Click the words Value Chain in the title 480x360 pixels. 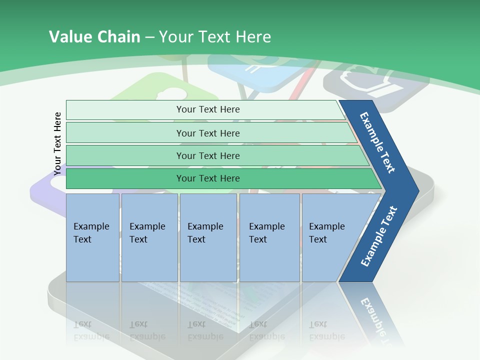(94, 37)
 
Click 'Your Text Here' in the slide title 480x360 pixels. (215, 37)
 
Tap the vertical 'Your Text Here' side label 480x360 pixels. (57, 144)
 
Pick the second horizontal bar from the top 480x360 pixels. (207, 133)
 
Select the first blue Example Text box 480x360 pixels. (92, 237)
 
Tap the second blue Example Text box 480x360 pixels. (149, 237)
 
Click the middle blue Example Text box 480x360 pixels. (207, 237)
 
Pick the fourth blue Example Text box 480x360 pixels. (269, 237)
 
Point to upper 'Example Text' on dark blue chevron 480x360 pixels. (377, 142)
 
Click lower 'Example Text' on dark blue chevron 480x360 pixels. (378, 236)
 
